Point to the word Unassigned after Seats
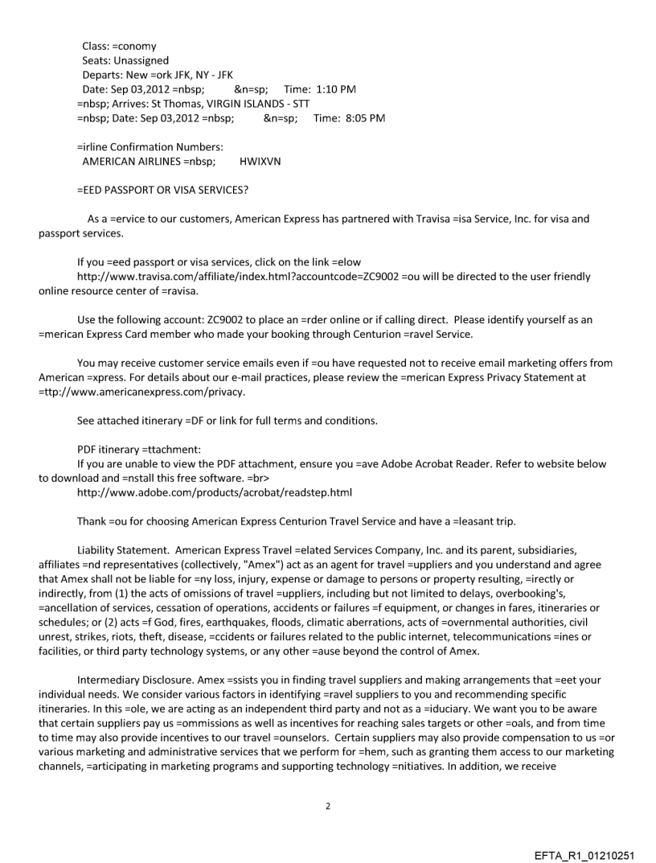141,60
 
